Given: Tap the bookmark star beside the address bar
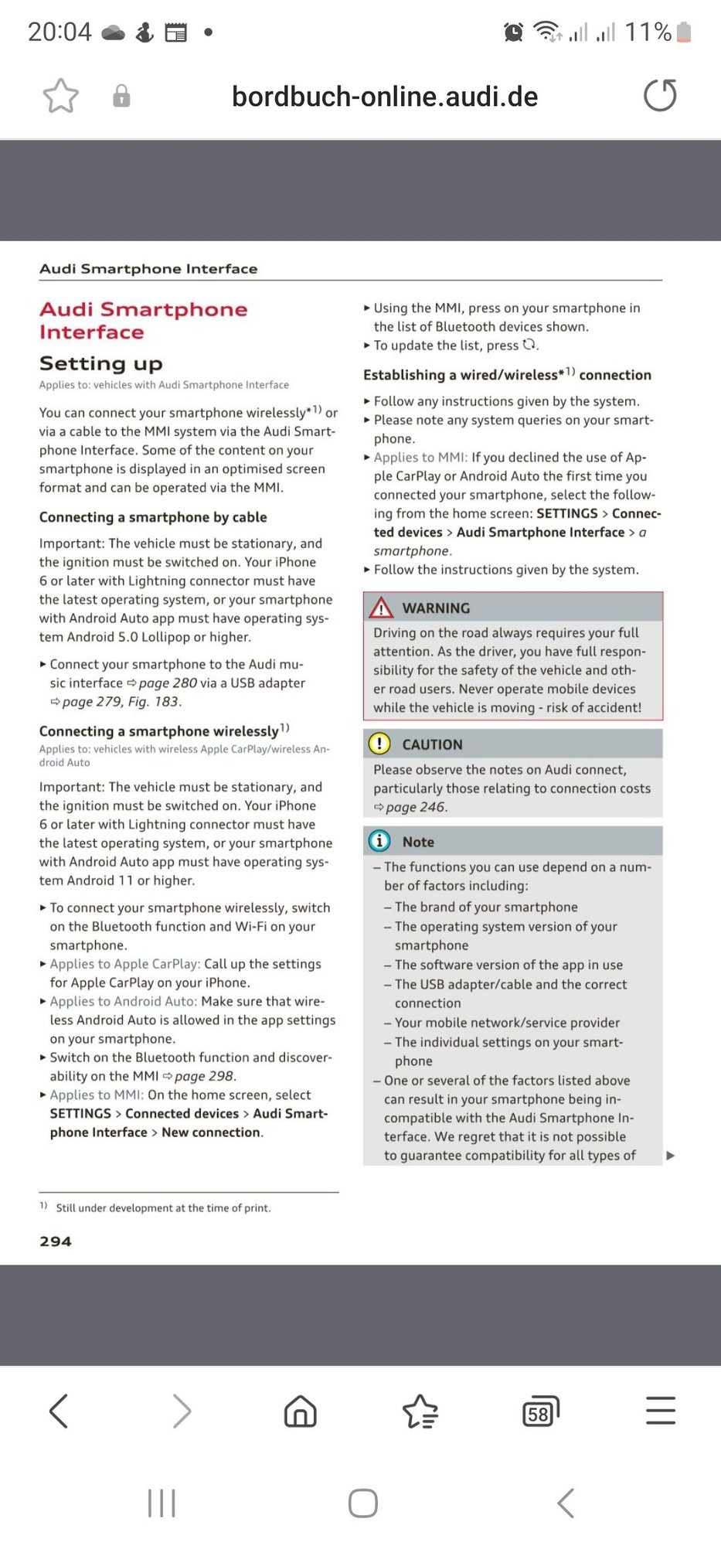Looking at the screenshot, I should point(60,96).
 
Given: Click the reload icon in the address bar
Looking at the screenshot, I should point(660,96).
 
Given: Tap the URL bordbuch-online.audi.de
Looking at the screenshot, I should point(385,97).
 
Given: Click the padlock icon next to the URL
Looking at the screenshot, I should point(121,97).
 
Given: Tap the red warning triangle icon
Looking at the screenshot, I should point(381,608).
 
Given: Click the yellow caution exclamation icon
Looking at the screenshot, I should point(379,744).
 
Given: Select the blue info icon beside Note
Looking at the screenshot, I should point(379,841).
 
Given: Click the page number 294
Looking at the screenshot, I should point(56,1241).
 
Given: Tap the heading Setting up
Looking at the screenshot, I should point(101,363).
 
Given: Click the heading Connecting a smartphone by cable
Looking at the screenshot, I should point(153,517).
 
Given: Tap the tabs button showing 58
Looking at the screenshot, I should point(540,1411).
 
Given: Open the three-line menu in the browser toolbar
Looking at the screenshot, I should point(661,1411).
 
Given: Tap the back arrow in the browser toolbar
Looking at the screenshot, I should point(60,1411).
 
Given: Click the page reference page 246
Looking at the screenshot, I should point(415,807).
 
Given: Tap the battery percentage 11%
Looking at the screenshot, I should point(648,32).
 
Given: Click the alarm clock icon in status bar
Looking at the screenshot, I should point(513,32).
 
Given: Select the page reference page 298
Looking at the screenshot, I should point(204,1076).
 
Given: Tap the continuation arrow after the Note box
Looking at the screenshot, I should point(670,1156).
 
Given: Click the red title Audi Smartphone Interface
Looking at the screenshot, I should point(144,320).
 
